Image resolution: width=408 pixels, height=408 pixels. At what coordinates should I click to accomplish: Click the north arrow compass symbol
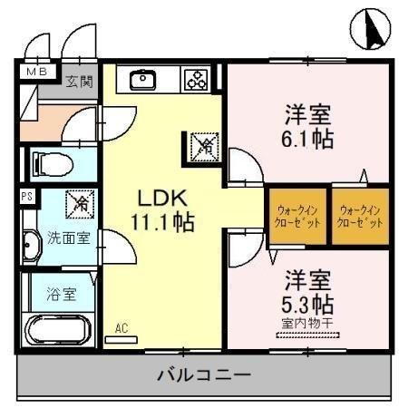tap(369, 30)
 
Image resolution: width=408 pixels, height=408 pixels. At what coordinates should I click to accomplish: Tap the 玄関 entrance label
tap(79, 82)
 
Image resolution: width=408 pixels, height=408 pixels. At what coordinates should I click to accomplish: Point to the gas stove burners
tap(196, 80)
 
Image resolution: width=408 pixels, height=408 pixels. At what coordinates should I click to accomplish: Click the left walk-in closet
tap(296, 216)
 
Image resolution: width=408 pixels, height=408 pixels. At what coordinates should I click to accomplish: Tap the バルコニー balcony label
tap(203, 374)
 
